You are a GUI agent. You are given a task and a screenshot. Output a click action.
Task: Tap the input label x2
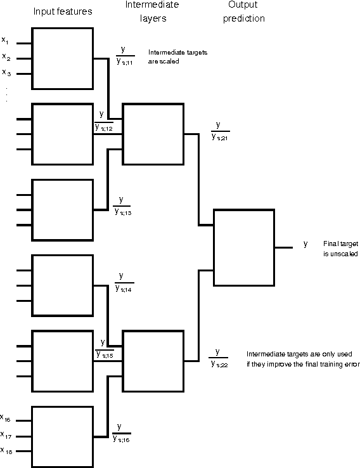pos(5,56)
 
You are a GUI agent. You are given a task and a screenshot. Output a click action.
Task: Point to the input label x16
pos(6,419)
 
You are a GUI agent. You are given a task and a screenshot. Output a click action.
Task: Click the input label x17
pos(6,435)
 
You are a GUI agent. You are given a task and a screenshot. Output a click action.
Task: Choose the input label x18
pos(6,451)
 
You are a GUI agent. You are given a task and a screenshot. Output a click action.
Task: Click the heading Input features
pos(63,11)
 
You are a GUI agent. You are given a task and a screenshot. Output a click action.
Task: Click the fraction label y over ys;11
pos(124,55)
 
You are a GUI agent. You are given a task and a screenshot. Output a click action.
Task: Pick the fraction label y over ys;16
pos(122,432)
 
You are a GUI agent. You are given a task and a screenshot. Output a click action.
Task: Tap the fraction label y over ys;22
pos(219,357)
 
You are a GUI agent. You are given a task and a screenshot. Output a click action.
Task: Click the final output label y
pos(305,244)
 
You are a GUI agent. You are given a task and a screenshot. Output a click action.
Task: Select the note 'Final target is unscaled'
pos(340,249)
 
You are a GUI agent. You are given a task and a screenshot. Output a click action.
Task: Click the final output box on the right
pos(244,249)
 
